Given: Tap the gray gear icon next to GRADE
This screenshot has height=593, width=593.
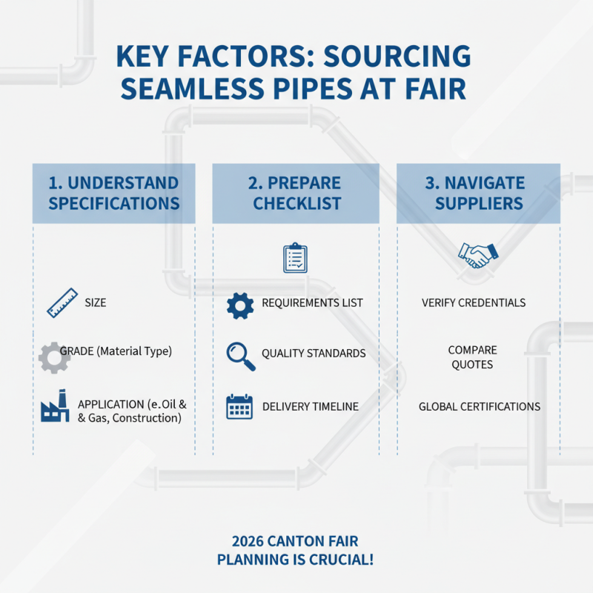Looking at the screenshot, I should pos(55,357).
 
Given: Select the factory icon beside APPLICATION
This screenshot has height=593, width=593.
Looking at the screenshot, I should pos(56,406).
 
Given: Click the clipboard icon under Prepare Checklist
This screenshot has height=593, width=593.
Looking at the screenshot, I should pos(295,257).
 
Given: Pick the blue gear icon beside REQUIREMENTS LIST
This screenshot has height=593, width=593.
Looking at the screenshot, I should pos(240,305).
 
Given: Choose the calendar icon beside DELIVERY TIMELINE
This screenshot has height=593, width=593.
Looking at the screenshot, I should pos(240,407).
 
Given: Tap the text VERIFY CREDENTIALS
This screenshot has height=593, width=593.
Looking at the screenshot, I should pos(474,303).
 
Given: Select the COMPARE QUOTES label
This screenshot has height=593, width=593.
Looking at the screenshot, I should pos(472,357).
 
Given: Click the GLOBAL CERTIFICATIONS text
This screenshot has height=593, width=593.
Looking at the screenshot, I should pos(480,406).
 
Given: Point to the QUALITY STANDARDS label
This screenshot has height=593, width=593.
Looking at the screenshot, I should pos(314,354).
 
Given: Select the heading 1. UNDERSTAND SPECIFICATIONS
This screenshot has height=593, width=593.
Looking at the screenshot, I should pos(114,193).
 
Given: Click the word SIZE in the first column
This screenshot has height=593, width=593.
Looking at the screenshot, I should pos(96,303).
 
